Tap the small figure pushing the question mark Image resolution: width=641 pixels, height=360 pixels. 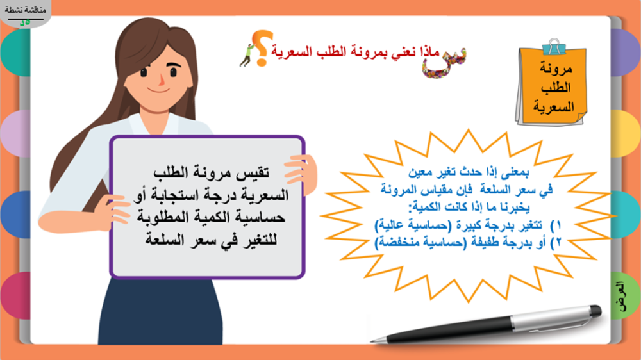247,54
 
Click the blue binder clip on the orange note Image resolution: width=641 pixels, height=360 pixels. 554,47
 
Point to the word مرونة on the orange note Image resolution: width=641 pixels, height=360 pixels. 556,69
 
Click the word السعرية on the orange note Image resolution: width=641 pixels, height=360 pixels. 554,106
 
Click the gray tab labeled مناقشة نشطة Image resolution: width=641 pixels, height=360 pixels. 25,12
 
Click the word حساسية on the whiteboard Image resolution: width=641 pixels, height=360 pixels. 262,217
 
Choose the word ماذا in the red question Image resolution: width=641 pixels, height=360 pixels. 429,52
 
